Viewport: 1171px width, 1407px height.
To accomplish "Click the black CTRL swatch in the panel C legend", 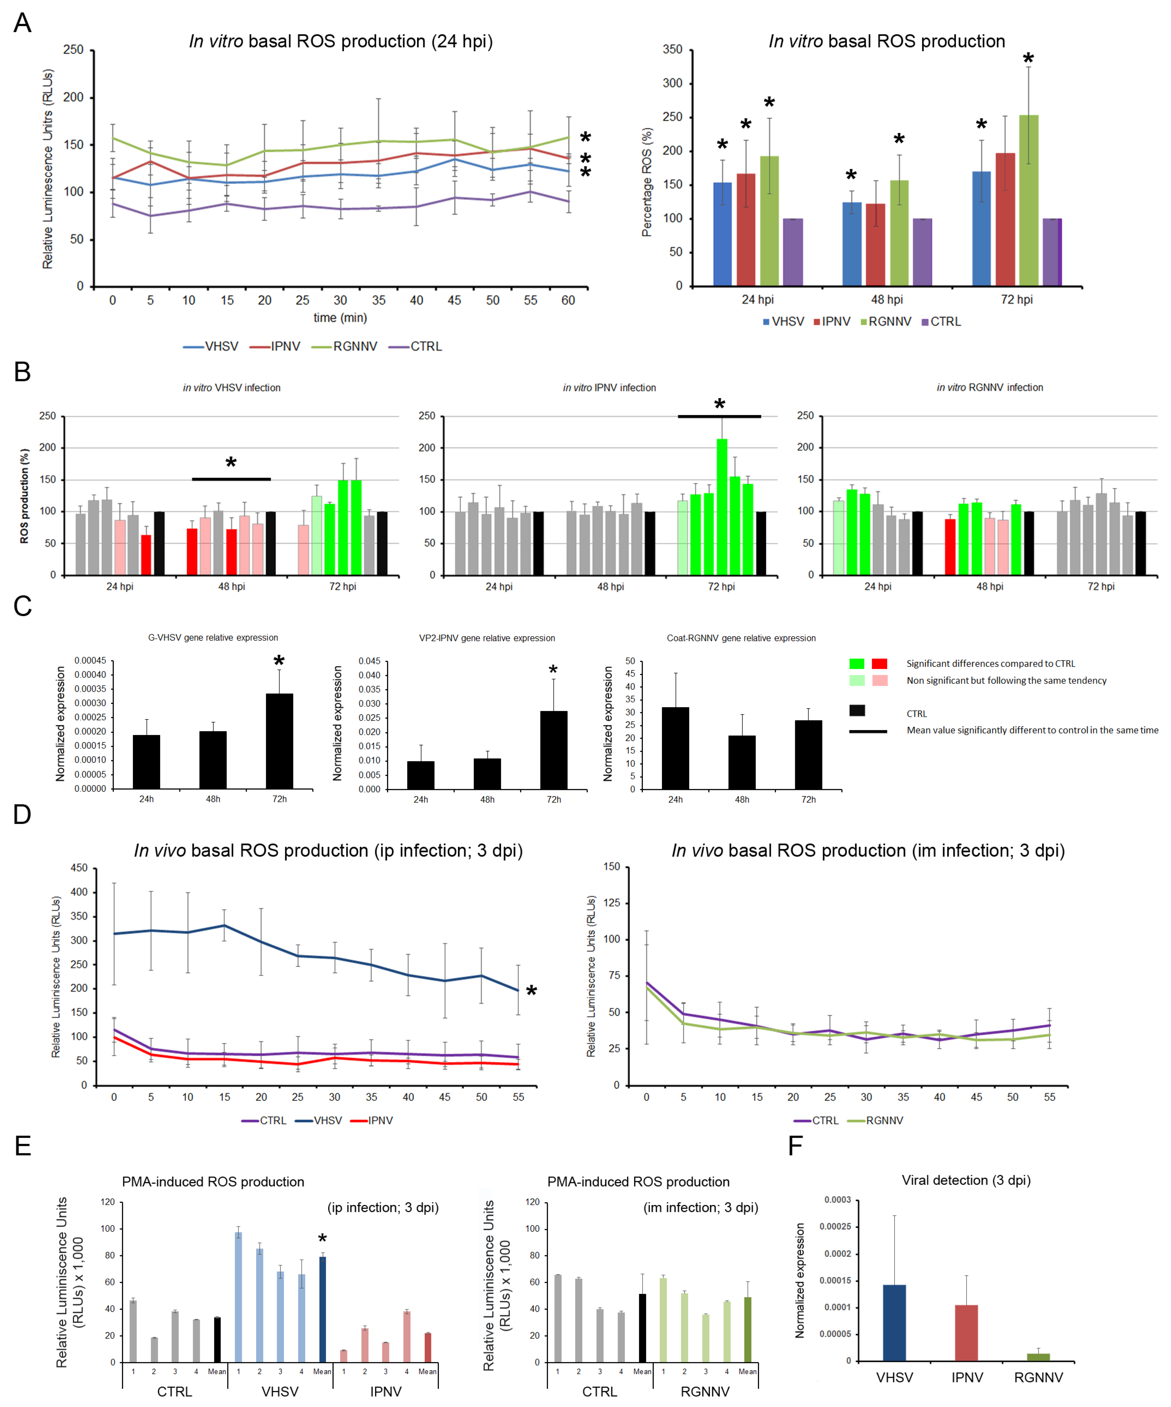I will click(857, 711).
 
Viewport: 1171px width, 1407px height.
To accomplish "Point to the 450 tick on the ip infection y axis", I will click(79, 868).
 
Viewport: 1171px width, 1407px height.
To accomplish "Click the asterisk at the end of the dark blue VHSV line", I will click(531, 991).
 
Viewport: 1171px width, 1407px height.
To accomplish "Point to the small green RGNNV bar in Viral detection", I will click(1038, 1357).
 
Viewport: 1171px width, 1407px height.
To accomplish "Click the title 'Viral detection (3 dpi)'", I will click(965, 1180).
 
